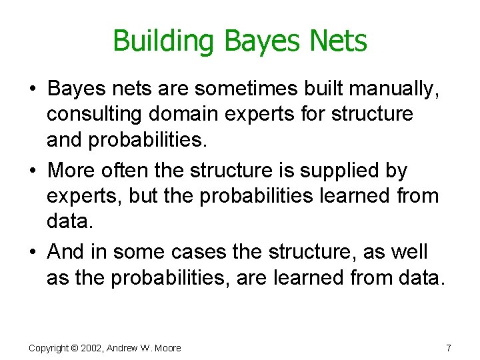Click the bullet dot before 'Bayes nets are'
tap(33, 89)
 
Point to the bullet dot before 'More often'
tap(33, 171)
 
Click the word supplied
tap(326, 171)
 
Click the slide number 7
tap(449, 348)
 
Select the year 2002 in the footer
tap(93, 348)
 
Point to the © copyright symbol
tap(75, 348)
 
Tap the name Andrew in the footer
tap(124, 348)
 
